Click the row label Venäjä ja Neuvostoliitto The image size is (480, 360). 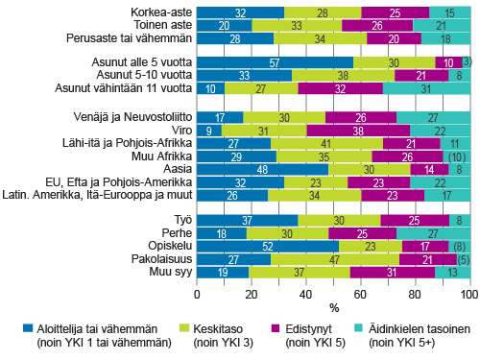click(x=132, y=116)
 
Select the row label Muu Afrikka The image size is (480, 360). click(x=162, y=155)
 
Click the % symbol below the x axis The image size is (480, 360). click(x=333, y=309)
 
